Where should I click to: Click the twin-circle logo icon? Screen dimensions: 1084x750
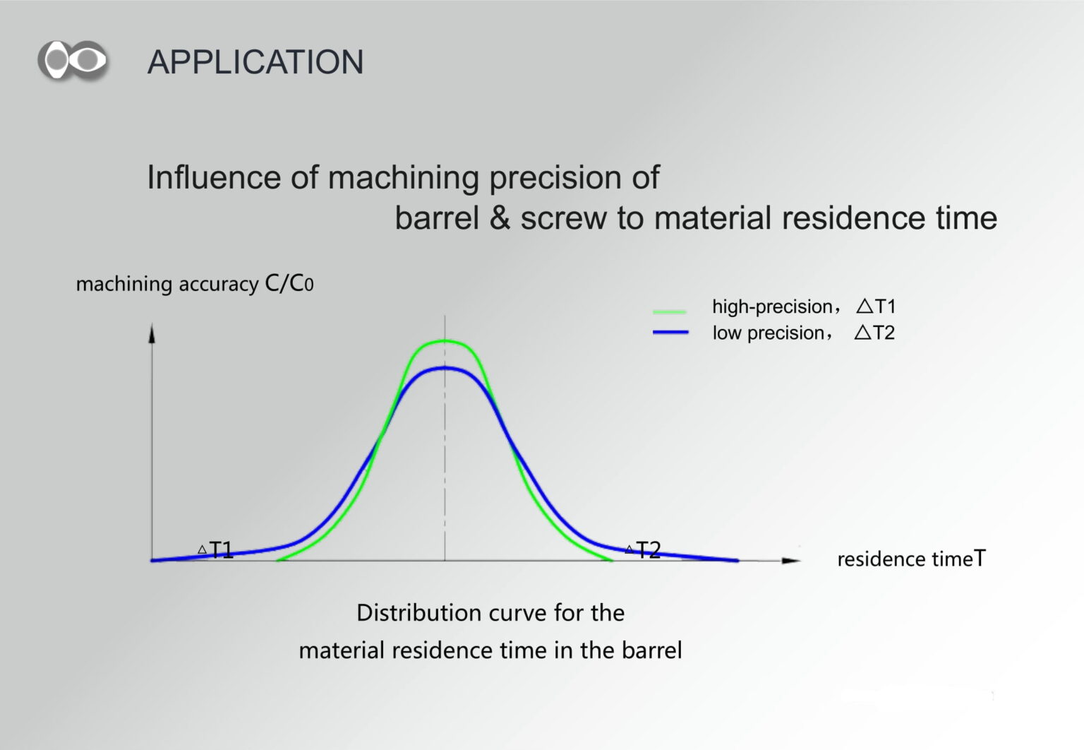[x=73, y=60]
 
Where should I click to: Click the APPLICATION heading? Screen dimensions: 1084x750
[x=255, y=62]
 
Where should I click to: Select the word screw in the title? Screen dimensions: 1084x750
[x=564, y=218]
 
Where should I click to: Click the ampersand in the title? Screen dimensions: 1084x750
[x=500, y=218]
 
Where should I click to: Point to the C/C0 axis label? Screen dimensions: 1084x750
[x=289, y=282]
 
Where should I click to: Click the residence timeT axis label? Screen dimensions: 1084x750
[x=911, y=559]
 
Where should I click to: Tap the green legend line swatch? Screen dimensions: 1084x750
[x=670, y=311]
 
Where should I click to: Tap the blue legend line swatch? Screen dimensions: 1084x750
[x=670, y=332]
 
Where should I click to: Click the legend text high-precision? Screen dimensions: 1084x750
[x=772, y=306]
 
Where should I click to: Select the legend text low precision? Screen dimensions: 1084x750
[x=769, y=333]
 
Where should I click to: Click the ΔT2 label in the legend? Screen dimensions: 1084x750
[x=874, y=333]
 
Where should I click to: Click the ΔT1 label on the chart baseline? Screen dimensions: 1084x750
[x=216, y=549]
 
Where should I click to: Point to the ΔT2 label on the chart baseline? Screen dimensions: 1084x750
[x=643, y=549]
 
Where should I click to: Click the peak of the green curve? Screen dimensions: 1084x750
[x=445, y=341]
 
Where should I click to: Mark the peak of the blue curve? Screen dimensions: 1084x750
[x=445, y=369]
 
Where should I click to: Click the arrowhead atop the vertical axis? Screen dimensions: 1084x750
[x=152, y=333]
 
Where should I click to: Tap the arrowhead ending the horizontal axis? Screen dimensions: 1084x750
[x=791, y=561]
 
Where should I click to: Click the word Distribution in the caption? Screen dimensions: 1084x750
[x=419, y=612]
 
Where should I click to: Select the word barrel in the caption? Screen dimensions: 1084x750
[x=652, y=650]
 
